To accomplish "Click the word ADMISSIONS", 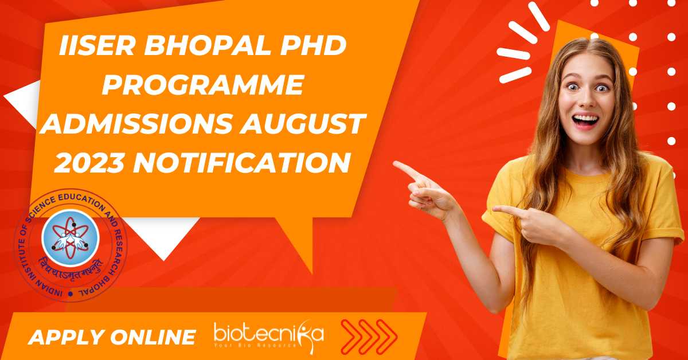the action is (136, 123).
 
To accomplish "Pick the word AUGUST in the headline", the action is (303, 123).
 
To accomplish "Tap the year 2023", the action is (89, 162).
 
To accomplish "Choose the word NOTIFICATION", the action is (243, 162).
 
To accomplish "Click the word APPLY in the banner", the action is (67, 337).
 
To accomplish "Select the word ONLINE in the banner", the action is (153, 336).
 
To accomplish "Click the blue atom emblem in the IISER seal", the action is (71, 238).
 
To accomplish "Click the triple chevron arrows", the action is (369, 337).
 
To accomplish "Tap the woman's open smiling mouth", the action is (586, 120).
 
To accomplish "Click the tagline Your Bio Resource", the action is (256, 345).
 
